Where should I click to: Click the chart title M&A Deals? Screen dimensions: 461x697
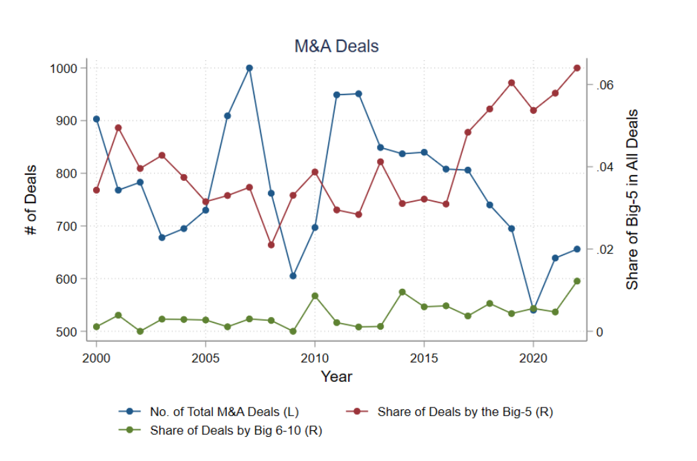(337, 46)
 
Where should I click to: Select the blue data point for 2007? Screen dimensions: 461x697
(249, 68)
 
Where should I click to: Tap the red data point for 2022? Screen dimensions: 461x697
(577, 68)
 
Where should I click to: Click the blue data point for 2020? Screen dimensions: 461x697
(533, 310)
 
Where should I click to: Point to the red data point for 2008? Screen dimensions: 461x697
(271, 245)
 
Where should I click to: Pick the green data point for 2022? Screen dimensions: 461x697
(577, 281)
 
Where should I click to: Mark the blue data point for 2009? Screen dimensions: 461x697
(293, 276)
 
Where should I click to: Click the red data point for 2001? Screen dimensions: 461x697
(118, 127)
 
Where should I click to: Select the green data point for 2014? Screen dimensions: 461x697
(402, 292)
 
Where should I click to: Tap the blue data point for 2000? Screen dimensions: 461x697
(96, 119)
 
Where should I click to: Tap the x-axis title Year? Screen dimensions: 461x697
(336, 377)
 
